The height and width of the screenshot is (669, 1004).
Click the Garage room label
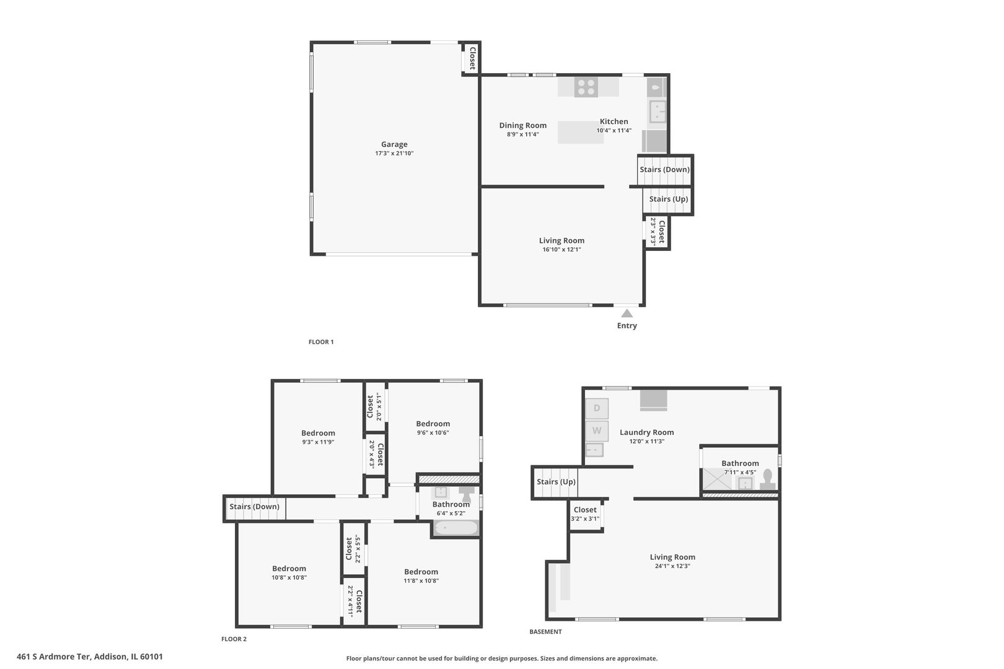[x=394, y=144]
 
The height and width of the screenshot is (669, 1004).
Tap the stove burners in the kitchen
[x=586, y=87]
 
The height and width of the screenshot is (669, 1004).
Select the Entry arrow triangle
[x=627, y=313]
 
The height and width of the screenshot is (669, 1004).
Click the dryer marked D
[x=597, y=408]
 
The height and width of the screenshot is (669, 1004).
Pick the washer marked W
[x=597, y=431]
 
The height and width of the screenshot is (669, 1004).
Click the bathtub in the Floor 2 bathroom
[x=456, y=528]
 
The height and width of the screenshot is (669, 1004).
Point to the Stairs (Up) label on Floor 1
[x=668, y=199]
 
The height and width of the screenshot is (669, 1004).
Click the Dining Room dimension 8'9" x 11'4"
[x=522, y=134]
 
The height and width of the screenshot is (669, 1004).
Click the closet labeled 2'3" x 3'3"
[x=658, y=232]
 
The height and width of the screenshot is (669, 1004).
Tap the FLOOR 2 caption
[x=234, y=639]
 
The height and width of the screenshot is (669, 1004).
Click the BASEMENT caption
[x=545, y=632]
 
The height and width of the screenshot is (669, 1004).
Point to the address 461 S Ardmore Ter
[x=90, y=657]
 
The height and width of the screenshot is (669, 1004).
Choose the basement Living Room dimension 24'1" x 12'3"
[x=672, y=566]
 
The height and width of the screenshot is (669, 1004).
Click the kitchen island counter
[x=581, y=133]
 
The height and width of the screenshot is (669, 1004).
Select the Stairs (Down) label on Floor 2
[x=254, y=507]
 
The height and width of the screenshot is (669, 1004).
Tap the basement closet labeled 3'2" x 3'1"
[x=585, y=514]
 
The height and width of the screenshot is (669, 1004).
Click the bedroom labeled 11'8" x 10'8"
[x=421, y=576]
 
